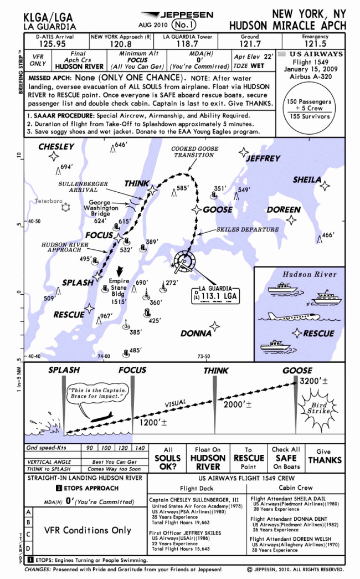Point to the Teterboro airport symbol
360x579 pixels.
click(66, 207)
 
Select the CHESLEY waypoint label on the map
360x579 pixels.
click(56, 147)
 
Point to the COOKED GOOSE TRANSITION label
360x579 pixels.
click(194, 152)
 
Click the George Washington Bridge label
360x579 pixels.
click(100, 208)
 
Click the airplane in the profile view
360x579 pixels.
click(97, 417)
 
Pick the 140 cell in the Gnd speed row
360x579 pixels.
click(140, 448)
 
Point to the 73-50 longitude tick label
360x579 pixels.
click(204, 357)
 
